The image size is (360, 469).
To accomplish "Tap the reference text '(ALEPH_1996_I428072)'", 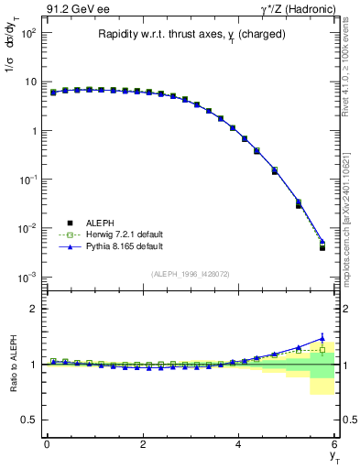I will [191, 274].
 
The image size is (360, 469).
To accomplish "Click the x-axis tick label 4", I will [238, 444].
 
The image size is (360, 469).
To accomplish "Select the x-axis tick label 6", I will [335, 444].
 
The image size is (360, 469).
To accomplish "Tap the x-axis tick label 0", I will [47, 444].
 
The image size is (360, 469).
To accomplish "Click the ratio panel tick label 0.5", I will [30, 420].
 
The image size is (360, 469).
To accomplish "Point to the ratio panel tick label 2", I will [34, 309].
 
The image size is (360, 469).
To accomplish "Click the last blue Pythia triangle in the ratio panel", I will [322, 338].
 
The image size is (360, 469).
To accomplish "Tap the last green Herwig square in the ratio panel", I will [322, 349].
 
